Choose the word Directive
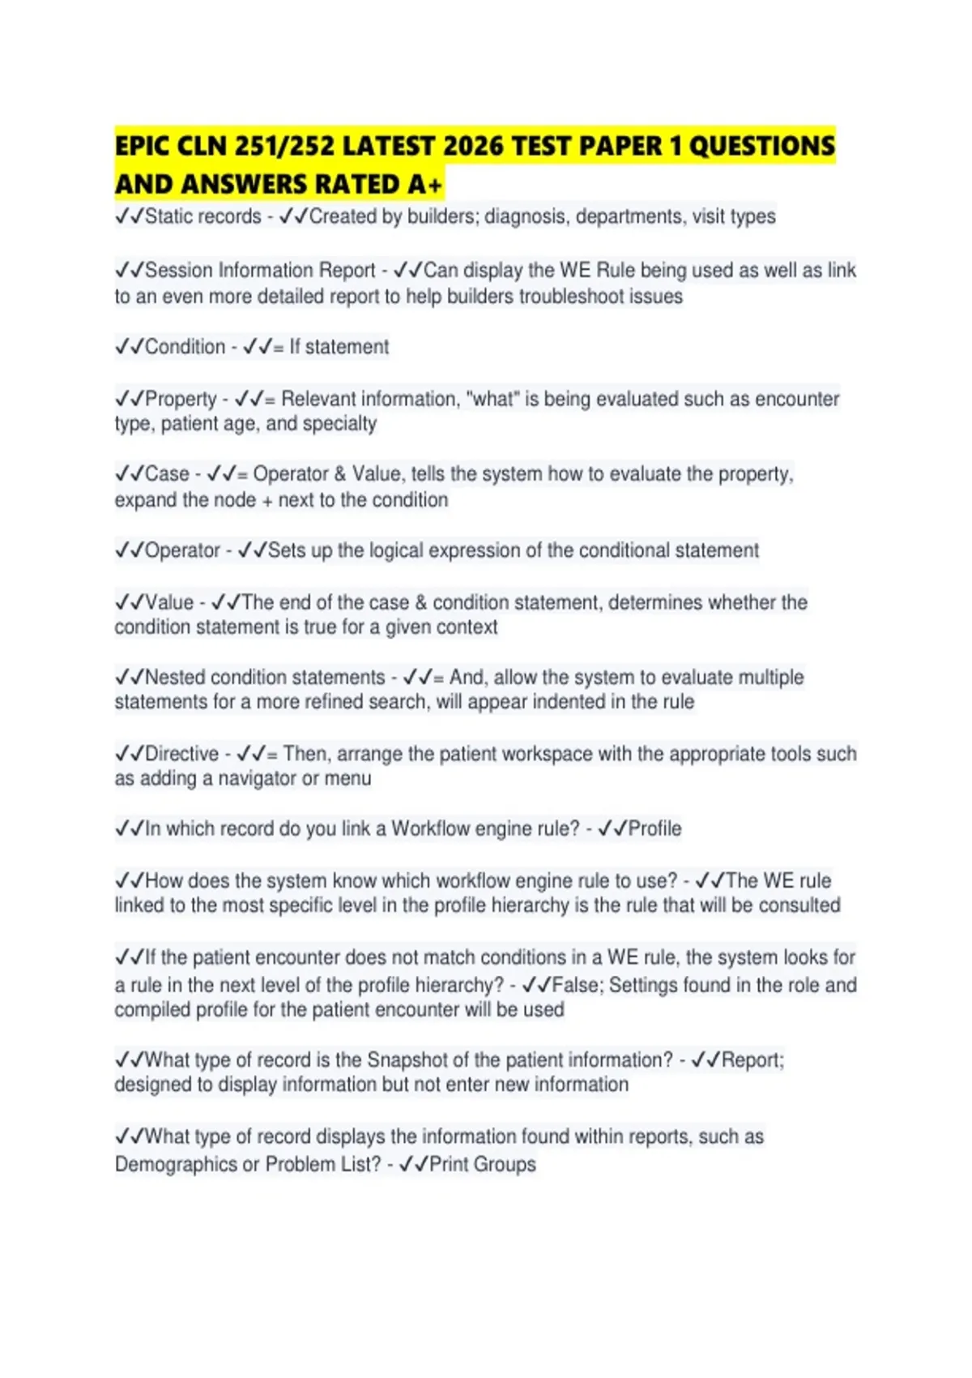coord(181,754)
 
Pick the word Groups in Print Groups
coord(505,1165)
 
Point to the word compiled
coord(151,1010)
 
